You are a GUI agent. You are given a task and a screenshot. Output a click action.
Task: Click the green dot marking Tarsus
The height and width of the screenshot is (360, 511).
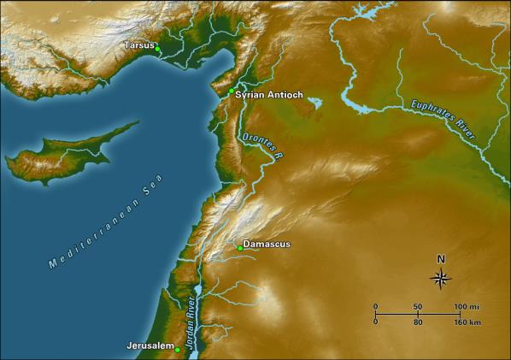(158, 50)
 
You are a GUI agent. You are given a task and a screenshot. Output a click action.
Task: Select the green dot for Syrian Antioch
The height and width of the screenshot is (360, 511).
(231, 90)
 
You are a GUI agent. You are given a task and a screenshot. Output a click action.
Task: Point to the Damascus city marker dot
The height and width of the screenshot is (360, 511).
(239, 248)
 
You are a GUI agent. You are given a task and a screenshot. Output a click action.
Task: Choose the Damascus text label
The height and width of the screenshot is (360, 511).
(267, 244)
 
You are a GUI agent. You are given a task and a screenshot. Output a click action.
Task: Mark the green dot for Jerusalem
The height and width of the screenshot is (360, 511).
(178, 349)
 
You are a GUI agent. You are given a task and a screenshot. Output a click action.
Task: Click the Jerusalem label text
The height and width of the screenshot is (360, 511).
(150, 346)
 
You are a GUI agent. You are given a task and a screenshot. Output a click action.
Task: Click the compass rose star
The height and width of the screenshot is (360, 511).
(441, 277)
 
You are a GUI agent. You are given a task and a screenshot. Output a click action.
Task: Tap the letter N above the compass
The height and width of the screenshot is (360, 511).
(441, 259)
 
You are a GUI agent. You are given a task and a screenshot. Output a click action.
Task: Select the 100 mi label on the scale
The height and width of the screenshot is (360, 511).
(467, 306)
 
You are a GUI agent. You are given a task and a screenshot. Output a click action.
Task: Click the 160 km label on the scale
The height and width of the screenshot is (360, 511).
(467, 322)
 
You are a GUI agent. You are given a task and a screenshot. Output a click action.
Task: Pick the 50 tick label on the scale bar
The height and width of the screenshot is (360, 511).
(418, 306)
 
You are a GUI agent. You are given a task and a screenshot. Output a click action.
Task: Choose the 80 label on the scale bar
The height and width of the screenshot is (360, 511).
(418, 322)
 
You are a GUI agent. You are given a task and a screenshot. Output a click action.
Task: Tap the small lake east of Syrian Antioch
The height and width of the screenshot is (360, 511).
(315, 103)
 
